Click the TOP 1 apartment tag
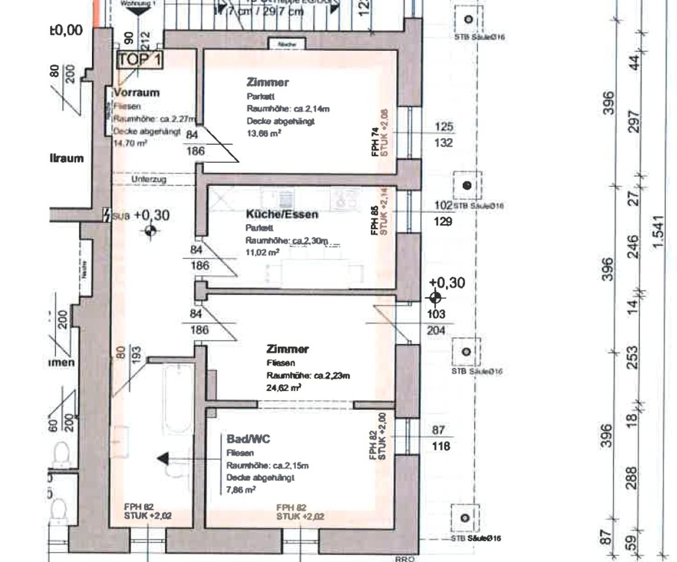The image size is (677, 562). click(140, 59)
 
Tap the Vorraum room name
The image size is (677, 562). click(136, 93)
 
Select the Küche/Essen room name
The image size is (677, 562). click(282, 214)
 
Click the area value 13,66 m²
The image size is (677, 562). click(264, 133)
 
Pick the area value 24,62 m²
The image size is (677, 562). click(284, 388)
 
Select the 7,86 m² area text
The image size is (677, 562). click(241, 490)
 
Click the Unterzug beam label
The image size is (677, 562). click(149, 180)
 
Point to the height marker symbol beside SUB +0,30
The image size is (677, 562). click(150, 231)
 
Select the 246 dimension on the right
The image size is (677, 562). click(633, 247)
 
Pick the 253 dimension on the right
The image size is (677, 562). click(633, 357)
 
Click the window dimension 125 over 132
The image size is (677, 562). click(443, 134)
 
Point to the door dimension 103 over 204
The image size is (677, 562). click(436, 322)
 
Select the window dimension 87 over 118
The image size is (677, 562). click(438, 438)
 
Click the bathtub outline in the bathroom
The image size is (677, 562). click(178, 399)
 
